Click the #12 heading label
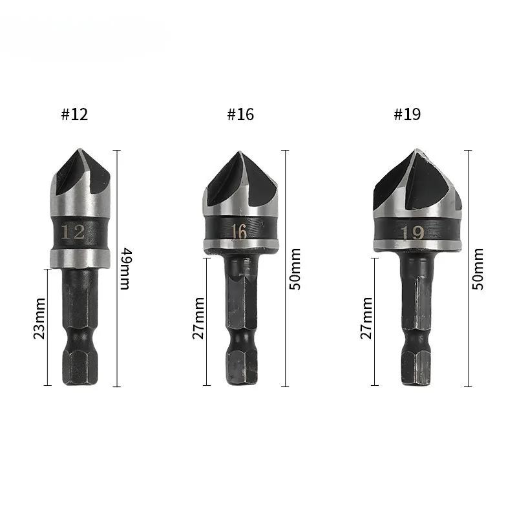tap(74, 114)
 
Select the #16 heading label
tap(240, 114)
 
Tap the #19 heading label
tap(407, 114)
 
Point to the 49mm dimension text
tap(124, 268)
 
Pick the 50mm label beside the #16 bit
tap(295, 268)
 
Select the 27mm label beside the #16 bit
tap(198, 318)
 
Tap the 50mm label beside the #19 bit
tap(478, 268)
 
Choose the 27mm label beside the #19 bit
tap(366, 318)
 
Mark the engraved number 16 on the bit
tap(239, 231)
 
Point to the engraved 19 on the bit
tap(412, 232)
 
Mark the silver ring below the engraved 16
tap(241, 246)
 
